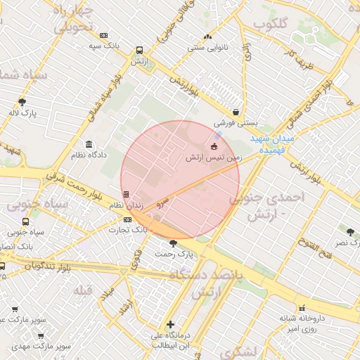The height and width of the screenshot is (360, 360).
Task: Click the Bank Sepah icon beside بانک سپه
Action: tap(104, 36)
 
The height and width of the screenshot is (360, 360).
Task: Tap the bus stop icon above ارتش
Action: tap(139, 51)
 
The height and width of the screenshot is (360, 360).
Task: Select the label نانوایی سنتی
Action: tap(205, 48)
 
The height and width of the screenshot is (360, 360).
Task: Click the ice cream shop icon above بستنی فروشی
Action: tap(236, 111)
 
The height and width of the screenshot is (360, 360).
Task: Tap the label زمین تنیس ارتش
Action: tap(214, 158)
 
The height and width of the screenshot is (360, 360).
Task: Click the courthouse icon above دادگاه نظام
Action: tap(89, 144)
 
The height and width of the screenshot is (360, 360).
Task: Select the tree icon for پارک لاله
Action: tap(22, 102)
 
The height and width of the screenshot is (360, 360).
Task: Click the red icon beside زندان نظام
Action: tap(126, 194)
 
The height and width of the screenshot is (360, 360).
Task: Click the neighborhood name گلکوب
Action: tap(271, 25)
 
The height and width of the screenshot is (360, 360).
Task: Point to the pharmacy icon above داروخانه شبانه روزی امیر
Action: tap(302, 308)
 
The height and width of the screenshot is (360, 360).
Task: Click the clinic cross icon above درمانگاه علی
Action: tap(171, 324)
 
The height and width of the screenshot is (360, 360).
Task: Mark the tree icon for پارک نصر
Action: tap(349, 231)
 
